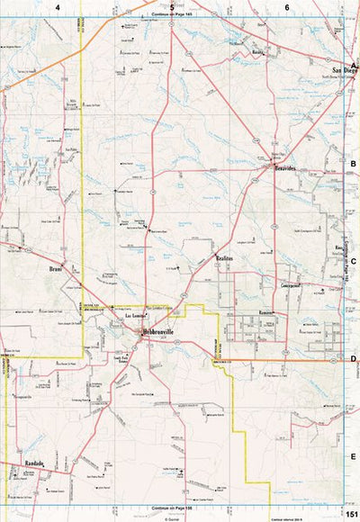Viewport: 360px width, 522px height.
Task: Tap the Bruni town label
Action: coord(56,268)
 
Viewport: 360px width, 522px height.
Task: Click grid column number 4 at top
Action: coord(58,6)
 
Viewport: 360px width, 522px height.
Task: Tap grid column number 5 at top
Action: coord(172,6)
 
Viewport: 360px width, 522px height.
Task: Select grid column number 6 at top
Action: coord(287,6)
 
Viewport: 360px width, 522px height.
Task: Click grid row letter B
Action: coord(354,164)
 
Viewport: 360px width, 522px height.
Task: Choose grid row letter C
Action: coord(354,261)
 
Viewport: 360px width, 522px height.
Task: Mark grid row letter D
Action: coord(354,358)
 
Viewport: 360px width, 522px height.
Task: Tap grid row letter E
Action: coord(354,455)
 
